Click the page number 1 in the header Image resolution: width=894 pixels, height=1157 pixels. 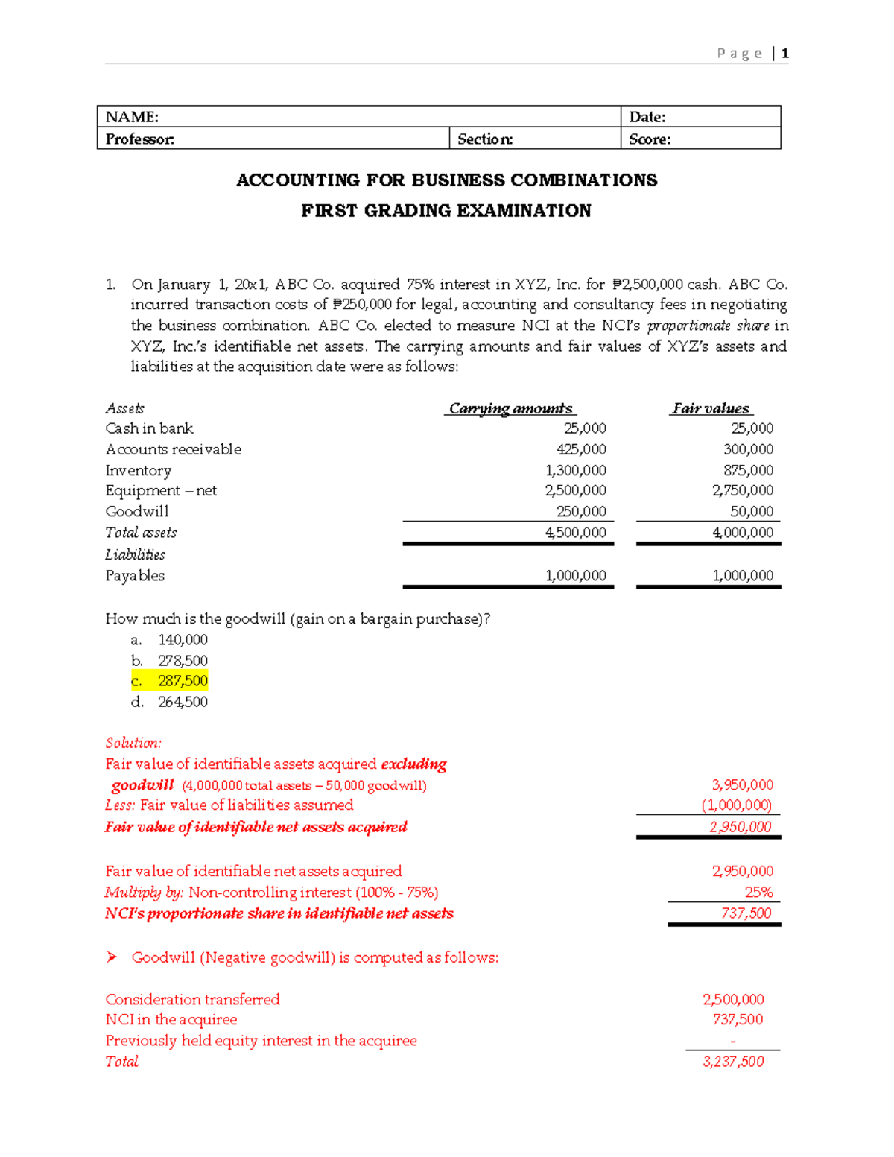point(785,54)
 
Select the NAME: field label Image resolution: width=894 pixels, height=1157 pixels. point(132,117)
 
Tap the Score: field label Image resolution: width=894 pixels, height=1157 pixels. point(650,139)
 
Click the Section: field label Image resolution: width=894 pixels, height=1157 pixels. point(485,139)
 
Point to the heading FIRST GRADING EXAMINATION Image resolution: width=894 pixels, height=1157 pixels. point(446,211)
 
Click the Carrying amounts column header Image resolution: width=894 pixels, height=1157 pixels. point(511,408)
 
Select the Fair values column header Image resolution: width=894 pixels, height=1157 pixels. point(711,408)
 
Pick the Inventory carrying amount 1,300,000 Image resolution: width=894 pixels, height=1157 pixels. point(576,470)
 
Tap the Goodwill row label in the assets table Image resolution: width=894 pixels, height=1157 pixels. point(137,511)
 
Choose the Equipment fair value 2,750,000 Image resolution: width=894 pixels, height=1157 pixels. point(743,490)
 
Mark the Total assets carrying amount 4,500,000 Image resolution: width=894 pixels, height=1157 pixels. point(576,532)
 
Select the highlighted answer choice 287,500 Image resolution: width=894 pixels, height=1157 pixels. point(183,681)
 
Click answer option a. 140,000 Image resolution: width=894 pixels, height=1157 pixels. point(183,640)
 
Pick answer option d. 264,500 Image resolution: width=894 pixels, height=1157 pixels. point(183,702)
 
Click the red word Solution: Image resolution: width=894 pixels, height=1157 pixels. point(133,743)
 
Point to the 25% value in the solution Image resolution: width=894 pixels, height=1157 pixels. point(758,892)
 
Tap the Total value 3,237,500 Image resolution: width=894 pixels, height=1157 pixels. point(733,1062)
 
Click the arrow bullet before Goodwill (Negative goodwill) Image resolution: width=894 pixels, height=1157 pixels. point(112,957)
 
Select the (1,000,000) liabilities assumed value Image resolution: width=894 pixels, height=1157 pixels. point(737,805)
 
